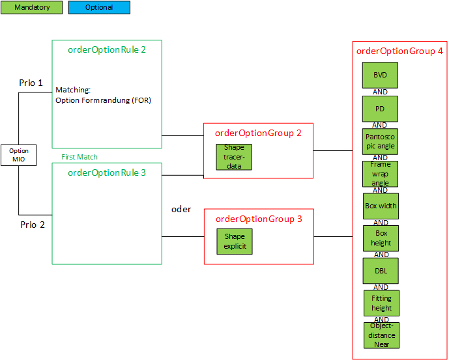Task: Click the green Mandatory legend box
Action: (x=32, y=8)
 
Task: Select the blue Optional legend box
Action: (x=99, y=8)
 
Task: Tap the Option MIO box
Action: (x=19, y=155)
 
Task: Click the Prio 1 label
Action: (x=31, y=83)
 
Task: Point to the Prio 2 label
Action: (x=33, y=225)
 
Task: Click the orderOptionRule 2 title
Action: (x=107, y=49)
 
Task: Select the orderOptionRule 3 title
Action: (x=107, y=173)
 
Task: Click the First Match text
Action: (x=80, y=157)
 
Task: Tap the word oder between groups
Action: (x=181, y=209)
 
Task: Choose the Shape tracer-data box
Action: (x=234, y=157)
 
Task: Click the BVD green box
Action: (x=380, y=76)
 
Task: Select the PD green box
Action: (x=380, y=109)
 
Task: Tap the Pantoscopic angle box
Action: (x=380, y=141)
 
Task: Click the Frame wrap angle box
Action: (x=380, y=174)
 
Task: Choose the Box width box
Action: (x=381, y=206)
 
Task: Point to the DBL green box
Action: (x=380, y=271)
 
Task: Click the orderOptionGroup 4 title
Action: (x=399, y=51)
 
